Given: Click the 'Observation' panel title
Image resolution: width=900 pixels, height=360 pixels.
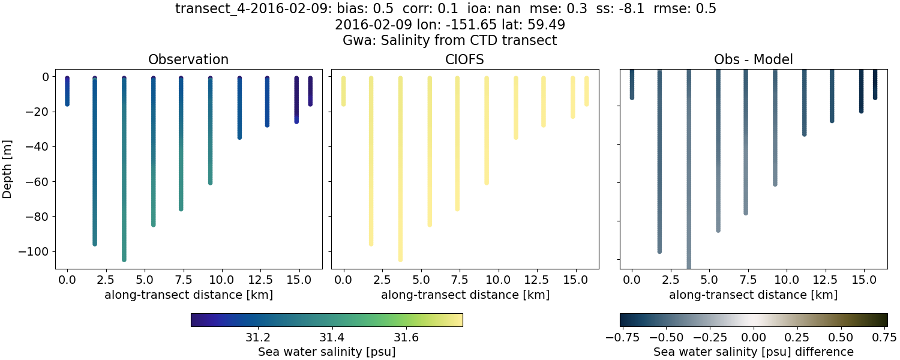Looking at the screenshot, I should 188,60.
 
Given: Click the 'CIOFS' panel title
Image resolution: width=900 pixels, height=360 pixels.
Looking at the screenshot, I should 465,60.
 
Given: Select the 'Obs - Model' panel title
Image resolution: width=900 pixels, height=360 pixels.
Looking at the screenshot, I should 753,60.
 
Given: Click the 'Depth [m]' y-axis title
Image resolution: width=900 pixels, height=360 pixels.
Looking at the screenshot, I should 8,169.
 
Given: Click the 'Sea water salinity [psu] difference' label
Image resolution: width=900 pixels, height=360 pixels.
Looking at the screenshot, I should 753,352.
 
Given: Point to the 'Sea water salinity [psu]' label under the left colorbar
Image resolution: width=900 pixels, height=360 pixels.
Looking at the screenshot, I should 326,352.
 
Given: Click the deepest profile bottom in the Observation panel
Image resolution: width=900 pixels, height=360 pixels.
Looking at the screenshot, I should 124,259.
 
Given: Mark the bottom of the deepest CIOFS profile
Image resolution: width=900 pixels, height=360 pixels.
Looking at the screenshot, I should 400,259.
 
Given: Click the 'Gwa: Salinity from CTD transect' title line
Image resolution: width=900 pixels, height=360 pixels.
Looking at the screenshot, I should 449,41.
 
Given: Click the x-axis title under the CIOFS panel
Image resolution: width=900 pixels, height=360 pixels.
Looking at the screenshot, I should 465,295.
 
